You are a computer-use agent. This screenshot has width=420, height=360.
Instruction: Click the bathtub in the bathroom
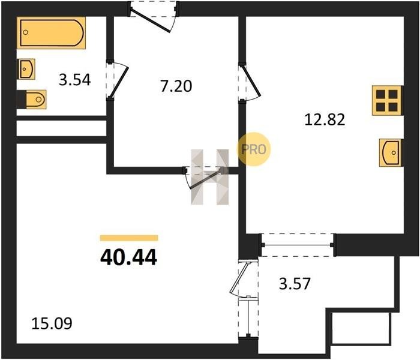pos(51,32)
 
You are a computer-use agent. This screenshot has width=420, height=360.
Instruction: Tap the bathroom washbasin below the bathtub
pos(26,69)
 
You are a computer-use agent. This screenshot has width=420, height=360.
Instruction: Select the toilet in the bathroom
pos(32,100)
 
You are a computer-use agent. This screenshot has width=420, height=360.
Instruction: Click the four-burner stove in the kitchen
pos(387,100)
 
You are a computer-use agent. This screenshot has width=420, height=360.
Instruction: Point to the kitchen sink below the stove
pos(390,152)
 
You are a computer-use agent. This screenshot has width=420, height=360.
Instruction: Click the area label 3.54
pos(75,80)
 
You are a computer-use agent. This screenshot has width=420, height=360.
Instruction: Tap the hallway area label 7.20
pos(176,86)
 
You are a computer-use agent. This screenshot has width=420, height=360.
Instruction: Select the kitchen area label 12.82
pos(325,120)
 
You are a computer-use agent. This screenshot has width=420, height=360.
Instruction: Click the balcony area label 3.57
pos(295,284)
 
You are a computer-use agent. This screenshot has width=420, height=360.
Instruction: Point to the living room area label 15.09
pos(52,323)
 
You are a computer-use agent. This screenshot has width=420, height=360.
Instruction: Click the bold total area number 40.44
pos(128,257)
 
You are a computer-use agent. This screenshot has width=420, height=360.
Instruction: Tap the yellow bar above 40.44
pos(129,238)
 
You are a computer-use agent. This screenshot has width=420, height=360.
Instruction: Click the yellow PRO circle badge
pos(254,149)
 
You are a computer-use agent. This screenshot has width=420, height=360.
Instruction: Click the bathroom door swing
pos(117,80)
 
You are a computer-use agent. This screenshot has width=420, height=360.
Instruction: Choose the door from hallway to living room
pos(203,178)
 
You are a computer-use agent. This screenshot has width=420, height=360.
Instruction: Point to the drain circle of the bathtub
pos(25,32)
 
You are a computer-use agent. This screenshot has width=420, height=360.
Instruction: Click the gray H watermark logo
pos(210,177)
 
